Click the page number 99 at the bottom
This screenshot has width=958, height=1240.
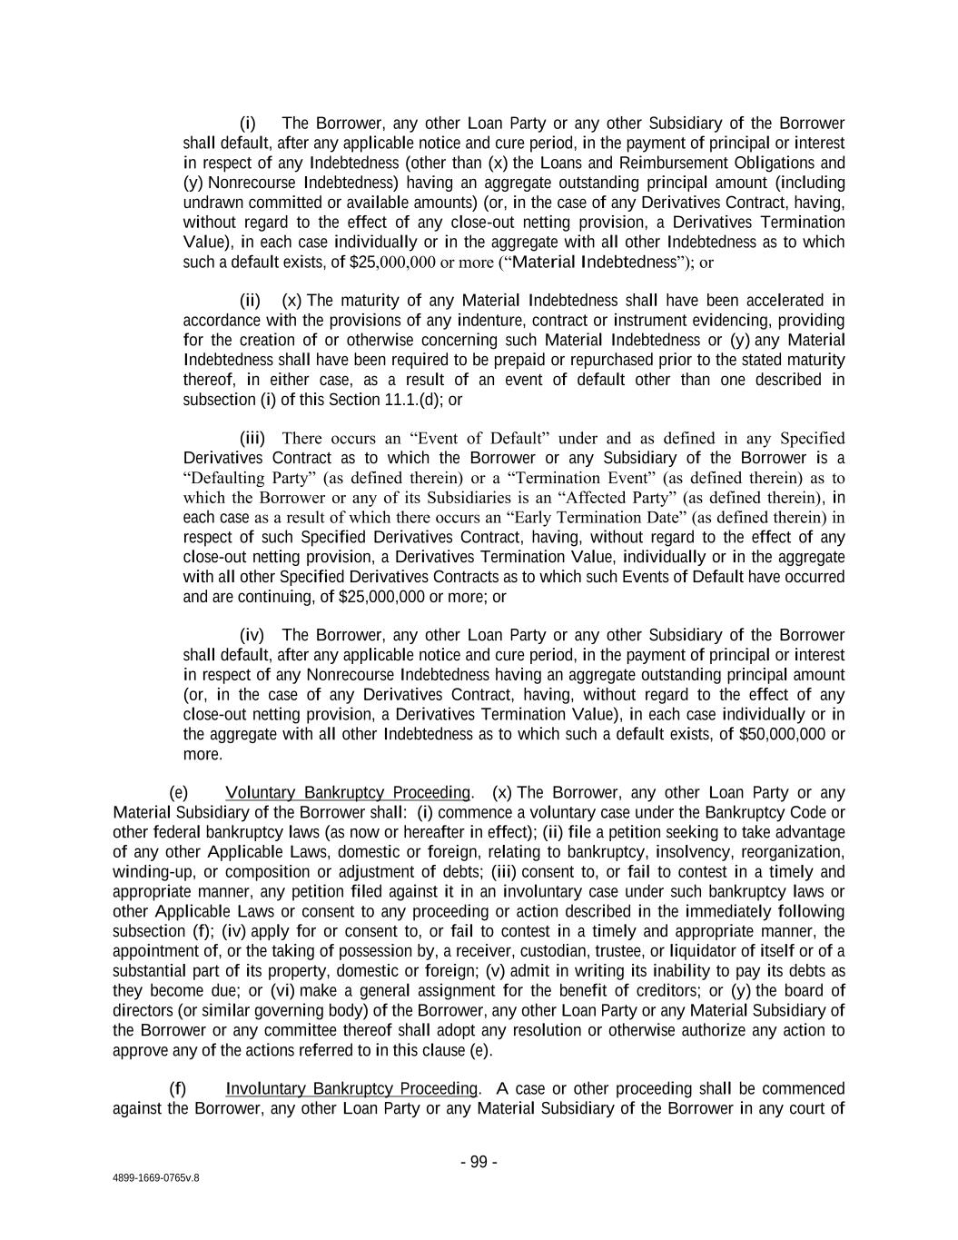[x=479, y=1163]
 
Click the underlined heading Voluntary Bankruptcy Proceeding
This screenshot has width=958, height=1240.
[x=349, y=793]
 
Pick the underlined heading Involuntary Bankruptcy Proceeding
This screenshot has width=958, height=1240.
[x=351, y=1089]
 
